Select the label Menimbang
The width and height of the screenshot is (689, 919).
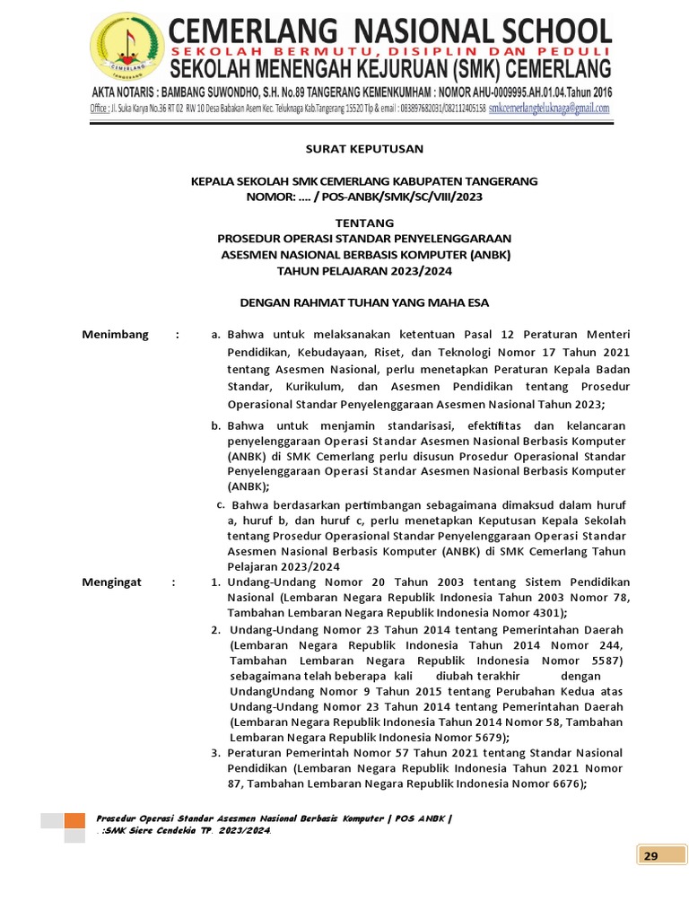click(x=115, y=335)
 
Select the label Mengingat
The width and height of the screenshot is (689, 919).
click(x=112, y=582)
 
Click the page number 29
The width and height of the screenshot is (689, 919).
click(x=650, y=855)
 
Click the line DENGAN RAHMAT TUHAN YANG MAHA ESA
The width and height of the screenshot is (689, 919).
click(x=364, y=303)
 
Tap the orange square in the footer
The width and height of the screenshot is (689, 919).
click(x=75, y=820)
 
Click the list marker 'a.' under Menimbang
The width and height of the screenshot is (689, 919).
click(x=215, y=335)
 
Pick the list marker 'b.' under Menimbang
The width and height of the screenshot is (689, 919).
click(x=216, y=425)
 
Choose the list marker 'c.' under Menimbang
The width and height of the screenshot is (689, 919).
click(x=221, y=503)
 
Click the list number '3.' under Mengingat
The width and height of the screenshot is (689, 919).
click(x=215, y=752)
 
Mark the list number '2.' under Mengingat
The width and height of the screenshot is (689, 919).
click(x=216, y=629)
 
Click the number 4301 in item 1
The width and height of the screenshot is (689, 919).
click(x=545, y=613)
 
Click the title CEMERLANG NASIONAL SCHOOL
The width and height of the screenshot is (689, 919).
click(x=390, y=31)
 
